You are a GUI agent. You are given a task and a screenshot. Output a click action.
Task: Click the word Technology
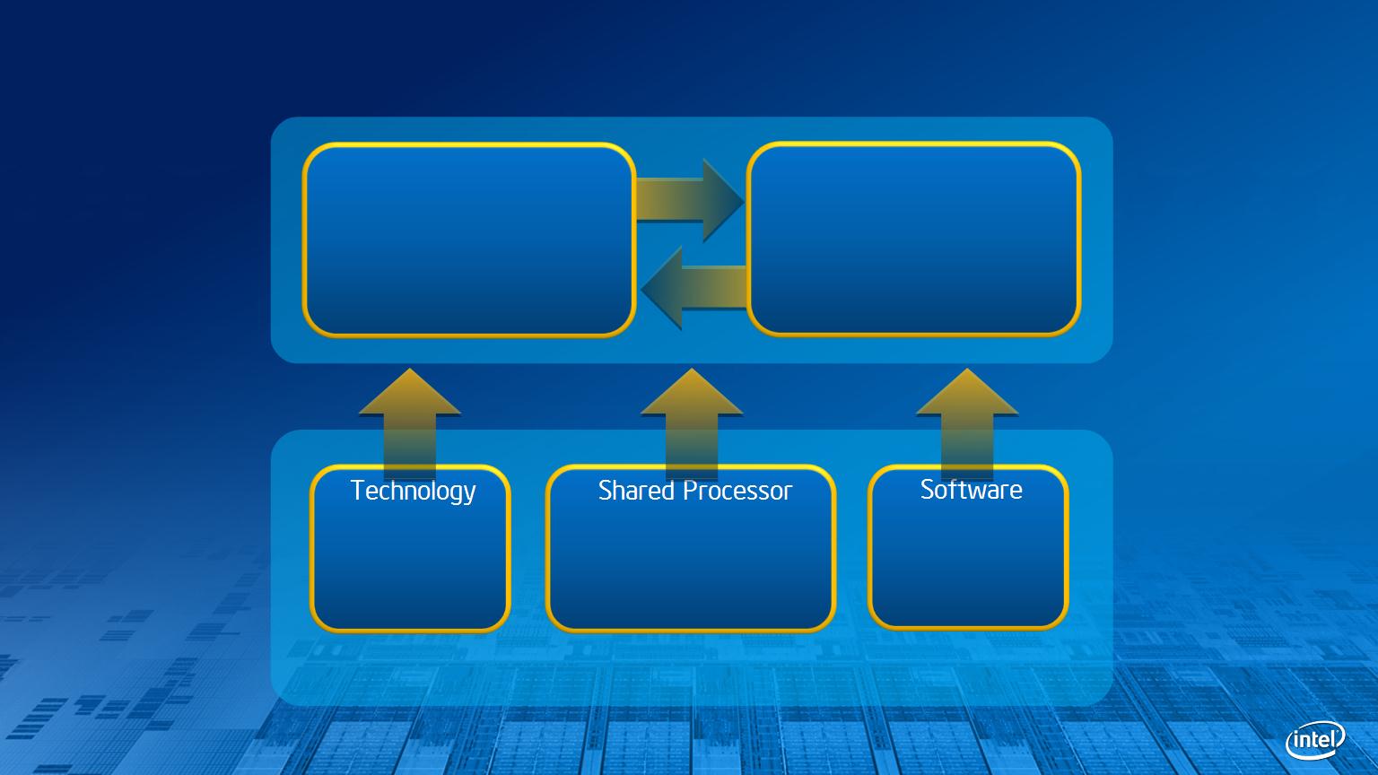coord(414,492)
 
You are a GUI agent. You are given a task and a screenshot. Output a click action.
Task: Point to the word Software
coord(972,490)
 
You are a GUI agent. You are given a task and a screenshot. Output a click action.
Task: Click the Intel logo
coord(1315,740)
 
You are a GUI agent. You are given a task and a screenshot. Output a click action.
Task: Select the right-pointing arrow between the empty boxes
coord(690,200)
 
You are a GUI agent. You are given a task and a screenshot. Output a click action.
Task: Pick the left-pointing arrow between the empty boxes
coord(693,288)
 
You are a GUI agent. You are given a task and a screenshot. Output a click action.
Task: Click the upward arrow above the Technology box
coord(410,423)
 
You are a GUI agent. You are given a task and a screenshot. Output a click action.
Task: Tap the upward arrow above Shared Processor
coord(692,423)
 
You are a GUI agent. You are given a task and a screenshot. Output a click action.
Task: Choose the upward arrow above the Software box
coord(967,423)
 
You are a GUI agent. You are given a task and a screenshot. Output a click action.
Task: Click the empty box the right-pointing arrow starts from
coord(469,240)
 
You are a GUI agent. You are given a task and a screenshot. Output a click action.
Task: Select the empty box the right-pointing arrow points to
coord(914,239)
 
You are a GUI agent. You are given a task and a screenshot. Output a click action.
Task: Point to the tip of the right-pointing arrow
coord(744,200)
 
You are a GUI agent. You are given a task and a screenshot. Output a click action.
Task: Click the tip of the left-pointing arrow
coord(641,288)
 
